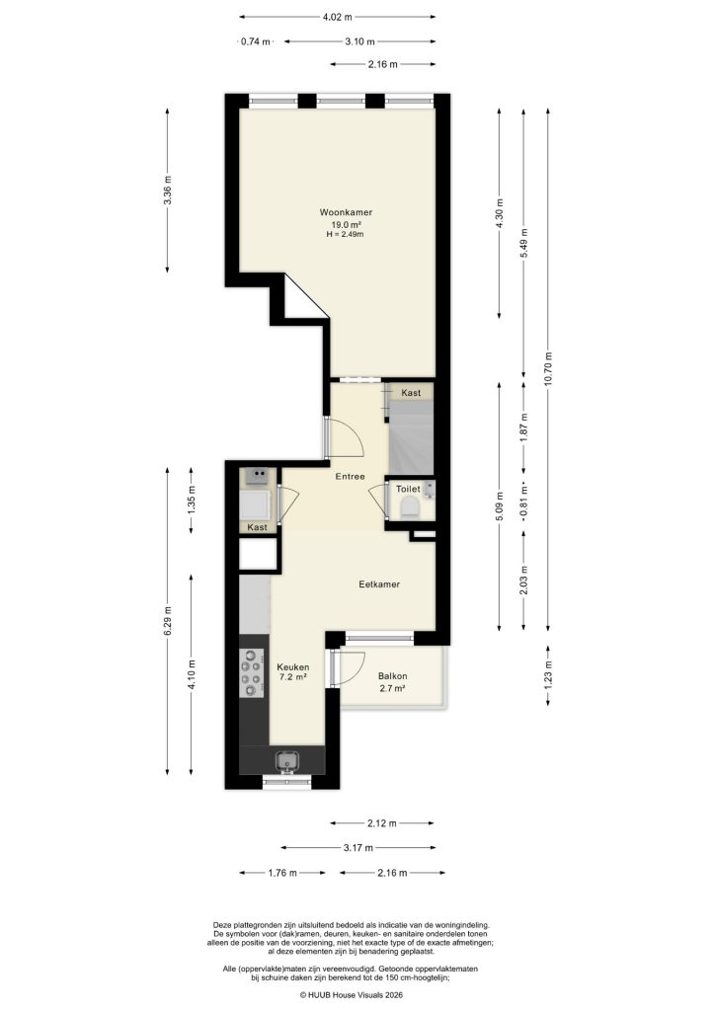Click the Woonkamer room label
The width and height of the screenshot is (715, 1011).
tap(345, 212)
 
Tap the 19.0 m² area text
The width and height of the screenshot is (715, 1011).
tap(345, 224)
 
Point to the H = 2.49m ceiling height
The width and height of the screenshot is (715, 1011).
tap(345, 235)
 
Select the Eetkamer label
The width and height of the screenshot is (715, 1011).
tap(379, 584)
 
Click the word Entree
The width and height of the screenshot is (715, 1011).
tap(350, 477)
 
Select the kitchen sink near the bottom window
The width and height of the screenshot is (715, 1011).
tap(288, 761)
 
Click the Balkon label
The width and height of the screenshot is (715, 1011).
tap(391, 676)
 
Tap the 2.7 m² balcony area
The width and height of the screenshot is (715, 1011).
tap(391, 688)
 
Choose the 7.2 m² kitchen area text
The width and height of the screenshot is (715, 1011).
tap(291, 677)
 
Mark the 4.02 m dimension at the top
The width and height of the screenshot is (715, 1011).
tap(337, 17)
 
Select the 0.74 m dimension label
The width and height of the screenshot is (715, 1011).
tap(256, 41)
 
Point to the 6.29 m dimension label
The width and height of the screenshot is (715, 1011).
tap(168, 622)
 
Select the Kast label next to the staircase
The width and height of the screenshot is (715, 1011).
tap(411, 393)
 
